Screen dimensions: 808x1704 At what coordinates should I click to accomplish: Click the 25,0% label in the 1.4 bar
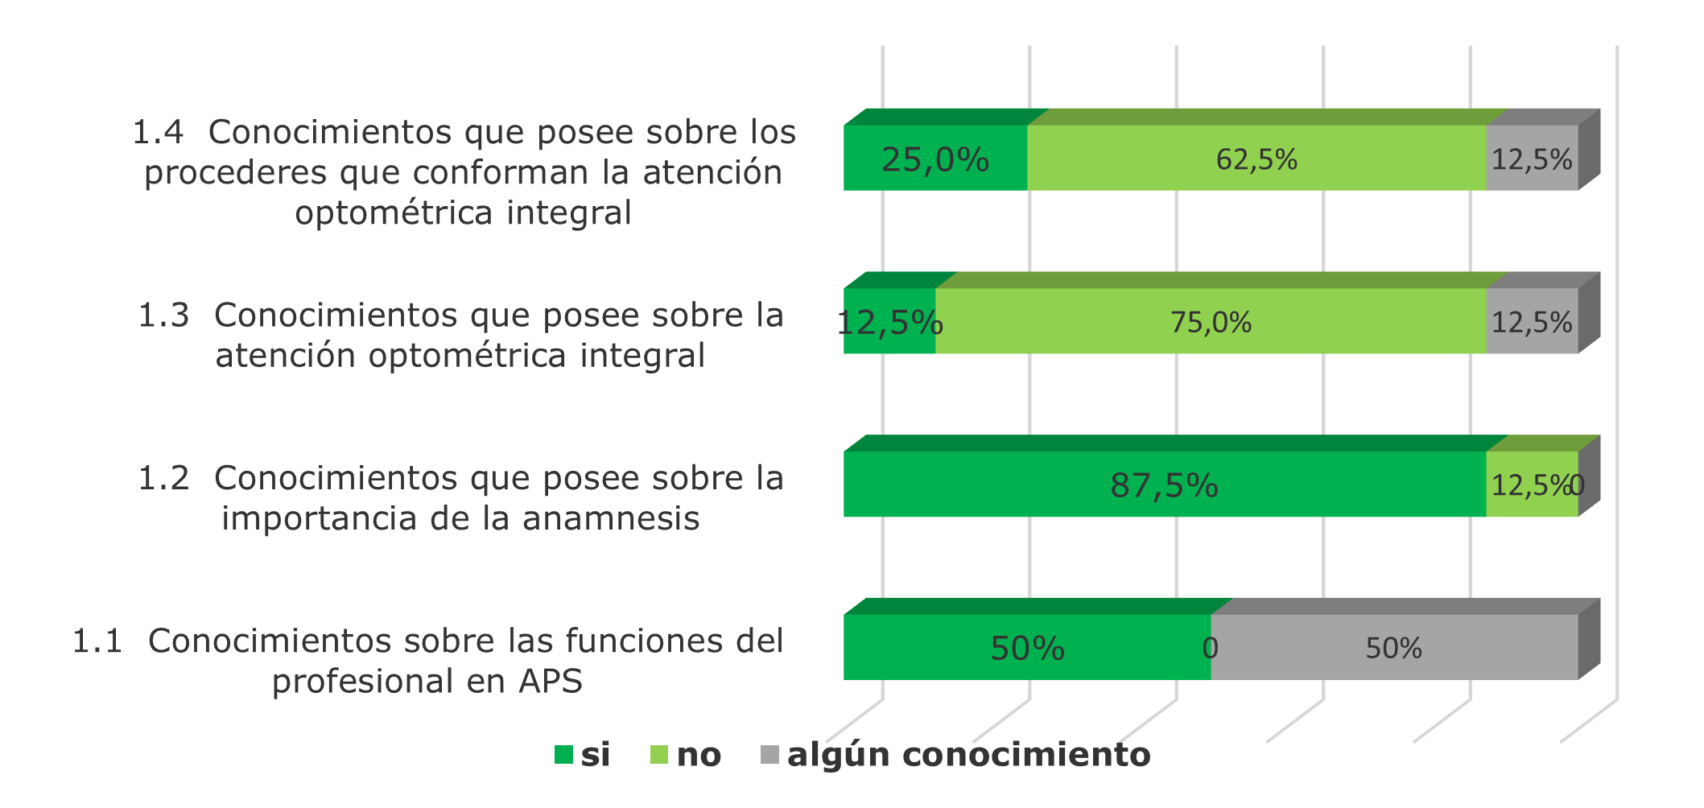935,159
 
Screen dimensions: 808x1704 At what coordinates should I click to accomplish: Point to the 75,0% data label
1211,323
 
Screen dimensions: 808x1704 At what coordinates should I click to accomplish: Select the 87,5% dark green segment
1164,485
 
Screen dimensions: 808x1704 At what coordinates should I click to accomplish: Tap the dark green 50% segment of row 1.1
1027,649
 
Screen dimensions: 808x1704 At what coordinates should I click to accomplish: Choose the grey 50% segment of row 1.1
1393,649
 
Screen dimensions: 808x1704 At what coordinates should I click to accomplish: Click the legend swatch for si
563,755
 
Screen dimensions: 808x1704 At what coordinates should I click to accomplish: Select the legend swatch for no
659,755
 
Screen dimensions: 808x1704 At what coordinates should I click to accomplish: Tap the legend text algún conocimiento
968,755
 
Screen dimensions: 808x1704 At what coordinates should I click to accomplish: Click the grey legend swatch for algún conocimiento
769,755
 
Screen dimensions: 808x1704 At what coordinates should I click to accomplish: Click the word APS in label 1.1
551,682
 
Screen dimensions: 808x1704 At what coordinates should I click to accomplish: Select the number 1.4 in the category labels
158,133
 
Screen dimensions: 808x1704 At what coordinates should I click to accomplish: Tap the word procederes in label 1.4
236,173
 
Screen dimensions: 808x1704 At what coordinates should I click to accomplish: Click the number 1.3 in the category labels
163,315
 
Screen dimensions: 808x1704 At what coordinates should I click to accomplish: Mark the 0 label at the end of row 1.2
1577,485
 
